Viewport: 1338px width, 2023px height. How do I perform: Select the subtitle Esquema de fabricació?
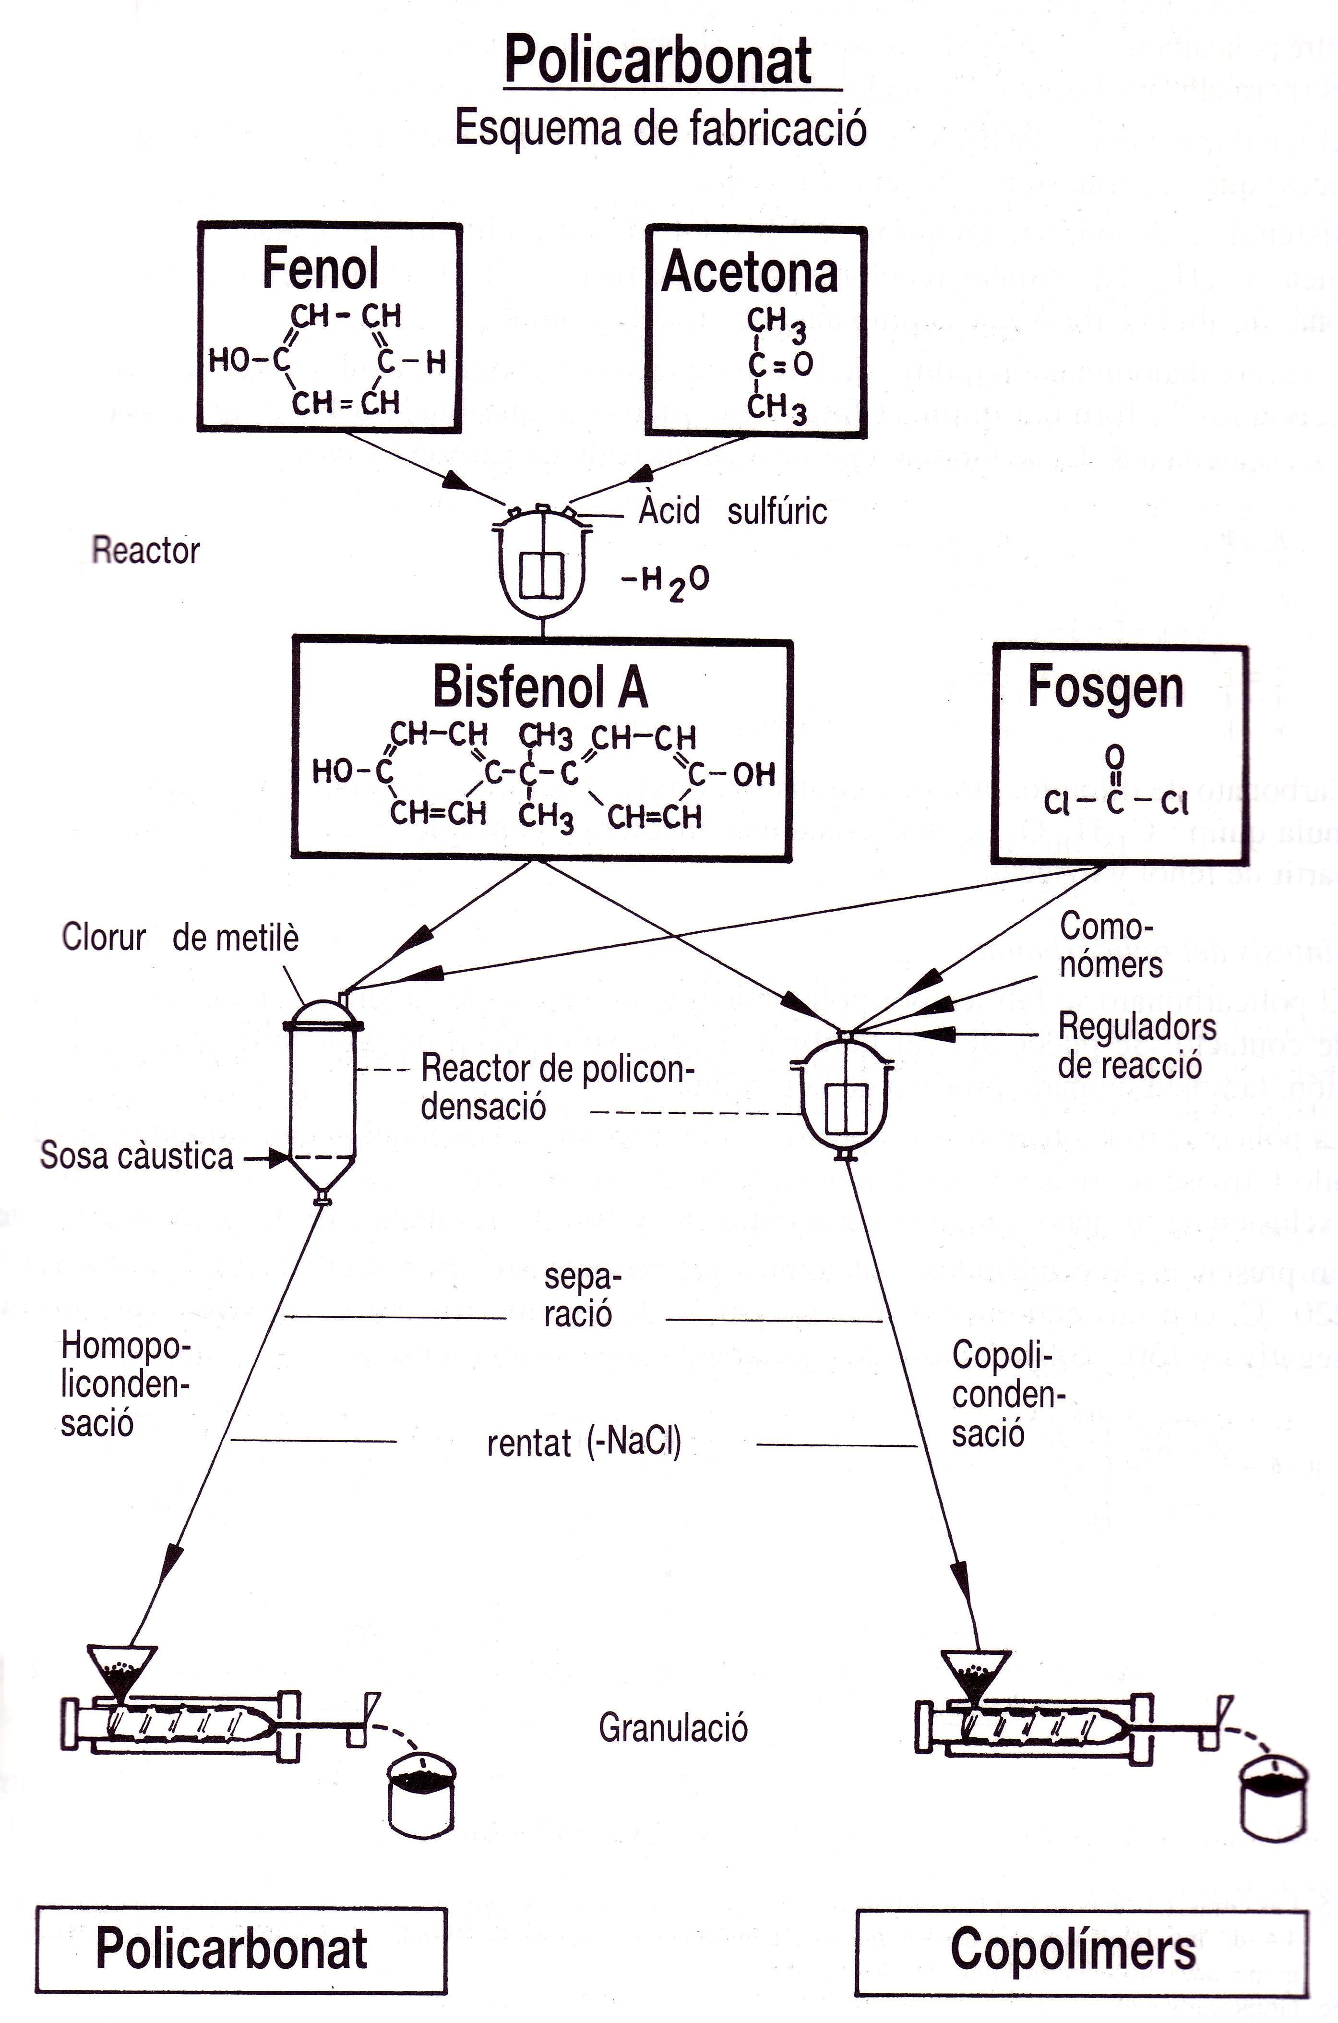pyautogui.click(x=660, y=129)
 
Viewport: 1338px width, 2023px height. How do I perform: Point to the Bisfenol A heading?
pyautogui.click(x=540, y=686)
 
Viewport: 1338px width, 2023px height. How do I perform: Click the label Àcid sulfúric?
pyautogui.click(x=732, y=511)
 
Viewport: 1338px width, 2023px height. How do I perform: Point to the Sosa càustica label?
pyautogui.click(x=136, y=1156)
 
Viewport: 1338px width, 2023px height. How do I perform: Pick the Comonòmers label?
pyautogui.click(x=1110, y=946)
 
